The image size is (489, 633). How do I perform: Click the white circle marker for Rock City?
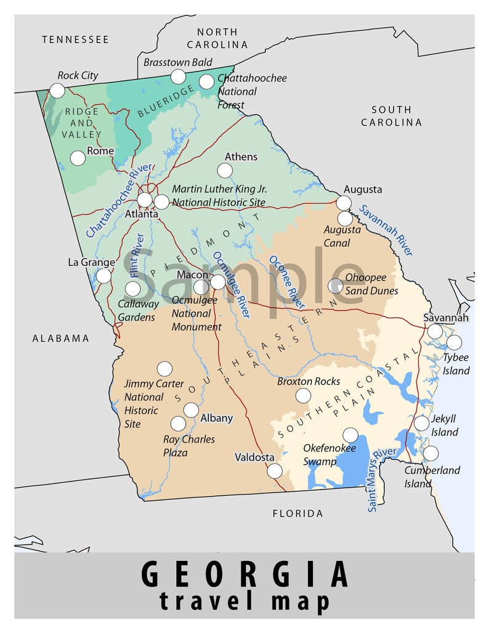[x=57, y=91]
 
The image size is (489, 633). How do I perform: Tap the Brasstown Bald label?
[x=177, y=62]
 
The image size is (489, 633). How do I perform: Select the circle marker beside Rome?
[x=78, y=158]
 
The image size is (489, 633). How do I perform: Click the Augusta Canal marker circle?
[x=346, y=219]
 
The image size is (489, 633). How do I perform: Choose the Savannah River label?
[x=386, y=230]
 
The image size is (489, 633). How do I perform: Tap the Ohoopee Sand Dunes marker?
[x=336, y=285]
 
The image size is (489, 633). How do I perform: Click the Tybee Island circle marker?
[x=454, y=343]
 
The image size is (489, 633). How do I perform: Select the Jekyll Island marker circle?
[x=422, y=423]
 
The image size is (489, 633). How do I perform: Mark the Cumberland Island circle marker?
[x=431, y=454]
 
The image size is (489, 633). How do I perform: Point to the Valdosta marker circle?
[x=275, y=471]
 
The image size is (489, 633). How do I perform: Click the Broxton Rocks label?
[x=309, y=381]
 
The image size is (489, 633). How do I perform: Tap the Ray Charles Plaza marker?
[x=178, y=424]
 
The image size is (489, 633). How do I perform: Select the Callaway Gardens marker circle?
[x=133, y=289]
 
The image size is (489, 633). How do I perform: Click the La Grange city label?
[x=91, y=262]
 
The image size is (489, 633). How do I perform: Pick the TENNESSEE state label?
[x=75, y=39]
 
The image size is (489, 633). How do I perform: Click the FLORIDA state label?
[x=297, y=513]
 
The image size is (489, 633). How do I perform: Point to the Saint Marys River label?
[x=382, y=480]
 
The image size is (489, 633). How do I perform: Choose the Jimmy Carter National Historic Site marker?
[x=164, y=369]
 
